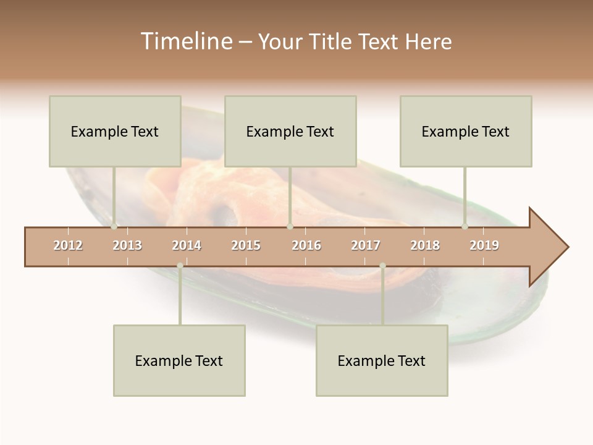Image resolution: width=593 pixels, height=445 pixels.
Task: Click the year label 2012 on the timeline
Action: [x=68, y=245]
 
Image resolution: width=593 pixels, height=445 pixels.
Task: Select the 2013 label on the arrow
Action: [x=127, y=245]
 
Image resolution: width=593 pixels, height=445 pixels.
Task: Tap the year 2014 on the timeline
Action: [x=187, y=245]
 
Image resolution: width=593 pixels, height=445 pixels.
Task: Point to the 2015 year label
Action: [x=246, y=245]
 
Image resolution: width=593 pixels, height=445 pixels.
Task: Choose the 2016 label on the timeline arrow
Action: [x=306, y=245]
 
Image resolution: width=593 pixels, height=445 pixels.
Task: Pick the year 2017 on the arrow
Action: [x=366, y=245]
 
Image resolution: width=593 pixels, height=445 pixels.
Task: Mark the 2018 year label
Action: [x=425, y=245]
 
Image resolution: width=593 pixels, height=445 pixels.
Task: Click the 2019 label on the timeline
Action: [x=484, y=245]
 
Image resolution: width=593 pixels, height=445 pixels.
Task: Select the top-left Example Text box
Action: [x=115, y=131]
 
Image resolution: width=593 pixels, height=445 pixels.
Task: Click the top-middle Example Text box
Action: [x=290, y=131]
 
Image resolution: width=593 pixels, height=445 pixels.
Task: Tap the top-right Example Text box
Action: [x=466, y=131]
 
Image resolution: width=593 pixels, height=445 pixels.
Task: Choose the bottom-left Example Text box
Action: [x=179, y=360]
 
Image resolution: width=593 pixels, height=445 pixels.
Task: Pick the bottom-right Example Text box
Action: [x=382, y=360]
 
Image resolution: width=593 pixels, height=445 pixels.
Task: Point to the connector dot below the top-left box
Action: [x=114, y=227]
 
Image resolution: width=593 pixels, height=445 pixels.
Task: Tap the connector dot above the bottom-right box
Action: [x=382, y=266]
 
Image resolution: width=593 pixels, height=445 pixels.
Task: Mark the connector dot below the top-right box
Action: [x=465, y=227]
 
